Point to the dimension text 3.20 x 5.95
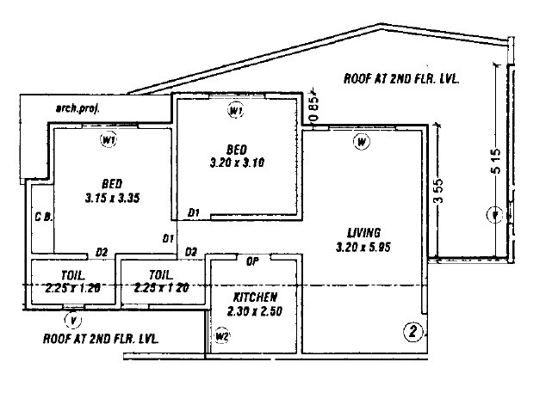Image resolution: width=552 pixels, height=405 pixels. point(363,248)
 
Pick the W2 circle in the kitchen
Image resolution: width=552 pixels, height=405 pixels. point(223,335)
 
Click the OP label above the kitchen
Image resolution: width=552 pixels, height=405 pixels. point(253,261)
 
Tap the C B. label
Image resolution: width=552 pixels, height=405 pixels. point(42,217)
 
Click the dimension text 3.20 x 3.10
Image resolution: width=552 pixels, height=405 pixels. point(237,161)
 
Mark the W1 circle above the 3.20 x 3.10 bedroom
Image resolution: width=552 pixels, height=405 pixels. point(236,111)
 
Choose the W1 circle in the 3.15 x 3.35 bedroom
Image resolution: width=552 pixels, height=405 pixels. point(109,140)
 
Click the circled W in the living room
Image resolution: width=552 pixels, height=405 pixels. point(362,142)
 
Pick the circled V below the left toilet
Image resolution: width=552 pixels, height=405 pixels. point(76,322)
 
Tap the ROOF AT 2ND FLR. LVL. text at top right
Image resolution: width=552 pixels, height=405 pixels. point(401,77)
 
